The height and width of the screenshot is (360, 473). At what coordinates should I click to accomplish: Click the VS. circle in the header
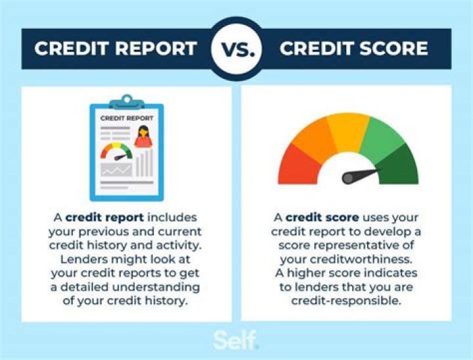point(236,47)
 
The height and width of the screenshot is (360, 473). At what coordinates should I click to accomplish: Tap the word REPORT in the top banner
point(156,49)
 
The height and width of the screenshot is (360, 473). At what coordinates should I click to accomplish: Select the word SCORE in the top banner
point(394,49)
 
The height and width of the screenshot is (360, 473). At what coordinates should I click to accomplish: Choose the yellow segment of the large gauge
point(348,128)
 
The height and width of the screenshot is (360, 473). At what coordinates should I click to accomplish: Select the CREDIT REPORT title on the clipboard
point(127,118)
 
